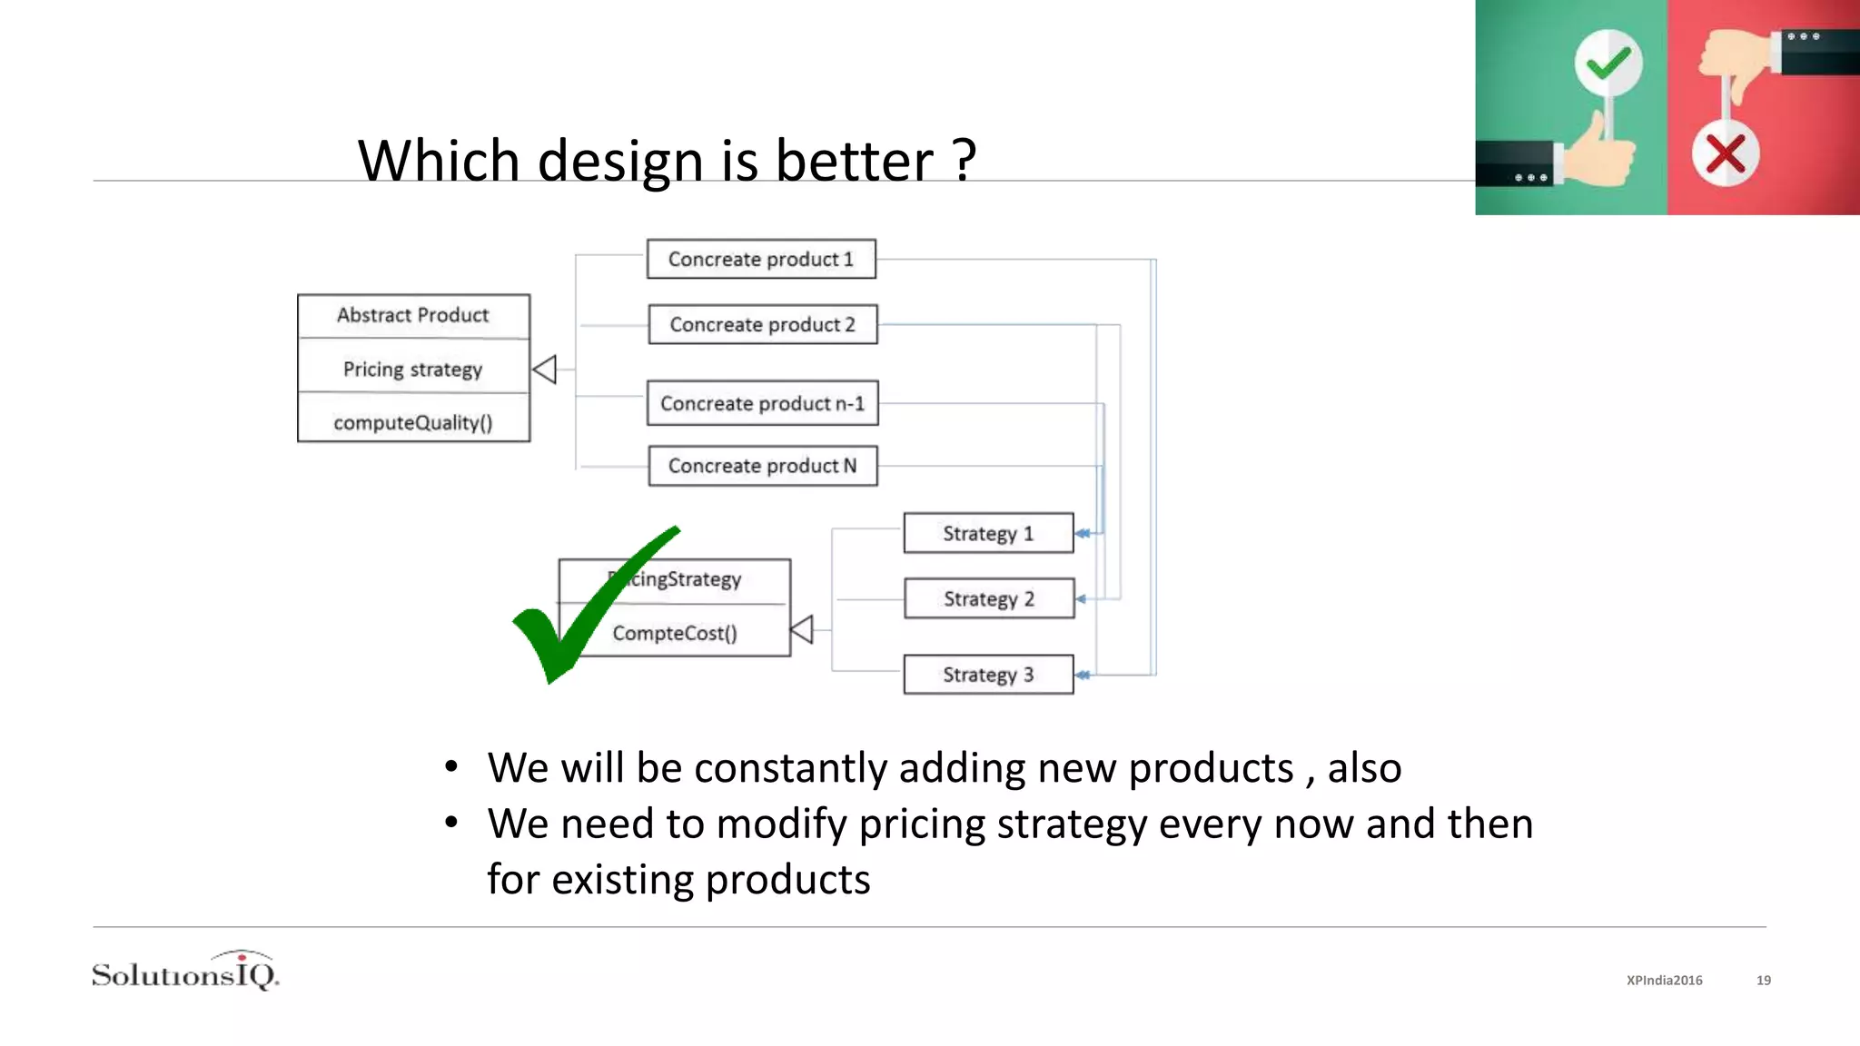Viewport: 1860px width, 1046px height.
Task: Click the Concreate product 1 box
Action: tap(761, 259)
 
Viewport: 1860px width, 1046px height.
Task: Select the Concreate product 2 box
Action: tap(763, 324)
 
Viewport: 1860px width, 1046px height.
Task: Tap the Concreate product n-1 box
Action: tap(762, 403)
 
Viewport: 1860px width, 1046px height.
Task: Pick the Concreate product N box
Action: tap(763, 466)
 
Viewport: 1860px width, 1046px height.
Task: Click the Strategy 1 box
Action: tap(988, 533)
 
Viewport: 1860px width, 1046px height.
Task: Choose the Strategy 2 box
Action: tap(989, 598)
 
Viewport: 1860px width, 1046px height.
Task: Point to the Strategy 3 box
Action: tap(988, 675)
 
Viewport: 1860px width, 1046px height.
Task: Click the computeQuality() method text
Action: tap(413, 422)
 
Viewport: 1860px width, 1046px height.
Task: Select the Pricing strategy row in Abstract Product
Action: tap(413, 369)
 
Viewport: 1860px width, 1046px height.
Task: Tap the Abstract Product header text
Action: tap(413, 315)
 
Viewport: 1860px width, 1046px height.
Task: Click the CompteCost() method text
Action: tap(675, 633)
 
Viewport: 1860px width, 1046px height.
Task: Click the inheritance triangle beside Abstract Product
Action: tap(545, 370)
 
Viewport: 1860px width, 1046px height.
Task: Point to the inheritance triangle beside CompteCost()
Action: tap(802, 629)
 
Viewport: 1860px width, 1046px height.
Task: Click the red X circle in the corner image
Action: tap(1725, 153)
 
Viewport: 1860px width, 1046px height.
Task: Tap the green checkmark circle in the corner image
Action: tap(1608, 63)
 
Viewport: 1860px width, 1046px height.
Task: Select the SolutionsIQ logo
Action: tap(185, 972)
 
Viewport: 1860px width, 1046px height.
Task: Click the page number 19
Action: tap(1763, 980)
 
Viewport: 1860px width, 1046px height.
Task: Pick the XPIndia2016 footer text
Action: tap(1664, 980)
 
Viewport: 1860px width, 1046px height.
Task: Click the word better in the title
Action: tap(854, 161)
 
